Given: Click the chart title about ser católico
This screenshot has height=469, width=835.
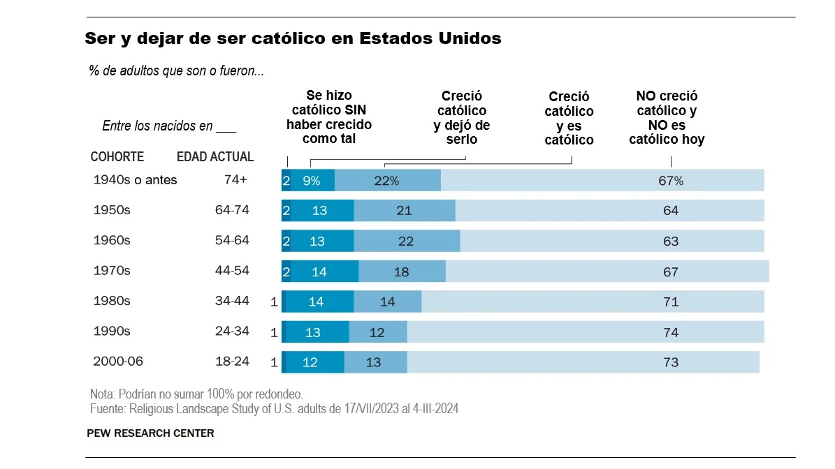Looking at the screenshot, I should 293,38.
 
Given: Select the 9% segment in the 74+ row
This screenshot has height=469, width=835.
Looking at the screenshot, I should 312,181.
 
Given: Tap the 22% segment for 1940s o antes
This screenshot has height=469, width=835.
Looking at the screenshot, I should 386,181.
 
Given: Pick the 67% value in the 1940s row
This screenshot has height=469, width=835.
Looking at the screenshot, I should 671,181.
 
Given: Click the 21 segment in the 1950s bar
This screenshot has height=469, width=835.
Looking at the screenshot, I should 404,211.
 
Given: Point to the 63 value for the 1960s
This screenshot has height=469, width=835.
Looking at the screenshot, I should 671,241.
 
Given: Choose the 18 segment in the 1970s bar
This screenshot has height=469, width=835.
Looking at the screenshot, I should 401,271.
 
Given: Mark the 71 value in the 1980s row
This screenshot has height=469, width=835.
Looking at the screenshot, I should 671,301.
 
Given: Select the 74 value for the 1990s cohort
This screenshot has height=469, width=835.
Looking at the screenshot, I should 671,332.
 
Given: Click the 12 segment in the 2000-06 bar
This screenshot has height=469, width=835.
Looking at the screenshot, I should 310,362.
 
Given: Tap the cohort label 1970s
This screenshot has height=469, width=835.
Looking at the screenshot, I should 112,271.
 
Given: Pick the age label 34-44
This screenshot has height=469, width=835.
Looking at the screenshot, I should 232,301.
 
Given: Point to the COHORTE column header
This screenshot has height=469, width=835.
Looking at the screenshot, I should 117,157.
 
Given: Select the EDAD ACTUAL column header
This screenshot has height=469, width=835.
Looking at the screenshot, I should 215,157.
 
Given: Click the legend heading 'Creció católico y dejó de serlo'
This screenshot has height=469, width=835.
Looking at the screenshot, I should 462,118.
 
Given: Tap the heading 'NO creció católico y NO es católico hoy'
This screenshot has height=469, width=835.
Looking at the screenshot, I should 667,118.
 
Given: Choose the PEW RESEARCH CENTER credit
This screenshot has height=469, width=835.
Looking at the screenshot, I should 150,433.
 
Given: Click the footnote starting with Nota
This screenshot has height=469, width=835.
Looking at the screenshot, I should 196,394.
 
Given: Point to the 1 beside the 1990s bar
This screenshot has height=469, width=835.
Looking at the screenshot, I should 274,333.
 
